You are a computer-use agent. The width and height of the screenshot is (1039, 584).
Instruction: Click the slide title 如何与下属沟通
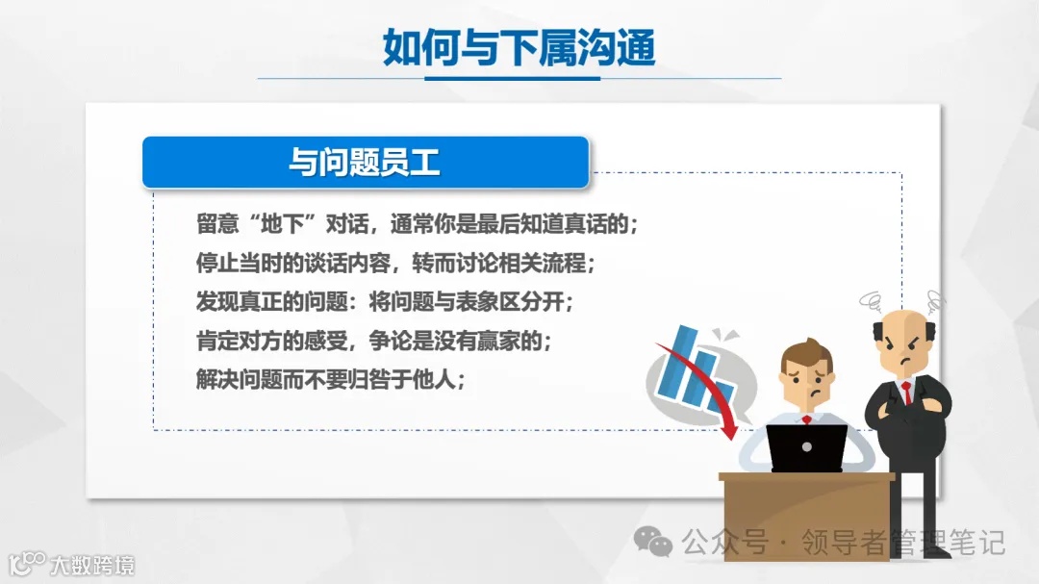pyautogui.click(x=519, y=46)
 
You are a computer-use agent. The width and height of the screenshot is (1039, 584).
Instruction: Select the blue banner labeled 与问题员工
pyautogui.click(x=366, y=162)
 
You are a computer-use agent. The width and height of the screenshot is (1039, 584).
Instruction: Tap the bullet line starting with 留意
pyautogui.click(x=418, y=224)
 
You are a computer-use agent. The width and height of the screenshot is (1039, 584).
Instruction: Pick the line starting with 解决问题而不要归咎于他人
pyautogui.click(x=331, y=378)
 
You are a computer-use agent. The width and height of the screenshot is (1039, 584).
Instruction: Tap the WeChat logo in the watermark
pyautogui.click(x=659, y=545)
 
